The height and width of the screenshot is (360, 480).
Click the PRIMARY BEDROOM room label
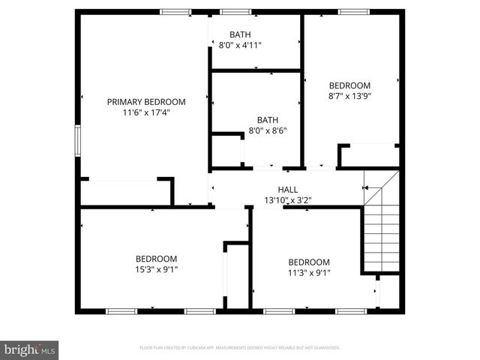(146, 101)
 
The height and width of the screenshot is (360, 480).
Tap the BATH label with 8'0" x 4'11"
(240, 34)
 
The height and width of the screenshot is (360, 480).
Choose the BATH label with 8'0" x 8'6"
(268, 119)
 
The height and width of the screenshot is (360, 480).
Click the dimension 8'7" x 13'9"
(350, 96)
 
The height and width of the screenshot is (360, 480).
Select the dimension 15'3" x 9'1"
(156, 269)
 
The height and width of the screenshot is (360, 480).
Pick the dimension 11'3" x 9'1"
(309, 273)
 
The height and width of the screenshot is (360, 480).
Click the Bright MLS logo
(29, 349)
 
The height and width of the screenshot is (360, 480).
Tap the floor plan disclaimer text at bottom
(240, 348)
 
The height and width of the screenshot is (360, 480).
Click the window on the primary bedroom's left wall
(77, 141)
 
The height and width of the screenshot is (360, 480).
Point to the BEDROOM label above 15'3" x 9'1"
(156, 259)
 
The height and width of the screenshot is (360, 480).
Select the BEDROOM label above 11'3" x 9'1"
(309, 262)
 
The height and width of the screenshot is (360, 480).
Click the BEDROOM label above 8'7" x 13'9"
(350, 85)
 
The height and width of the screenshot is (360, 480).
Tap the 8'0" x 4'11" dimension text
(240, 46)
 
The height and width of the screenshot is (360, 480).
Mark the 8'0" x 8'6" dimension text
(268, 130)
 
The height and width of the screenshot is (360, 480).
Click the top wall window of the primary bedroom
(175, 12)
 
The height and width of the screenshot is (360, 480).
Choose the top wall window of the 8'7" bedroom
(353, 12)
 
